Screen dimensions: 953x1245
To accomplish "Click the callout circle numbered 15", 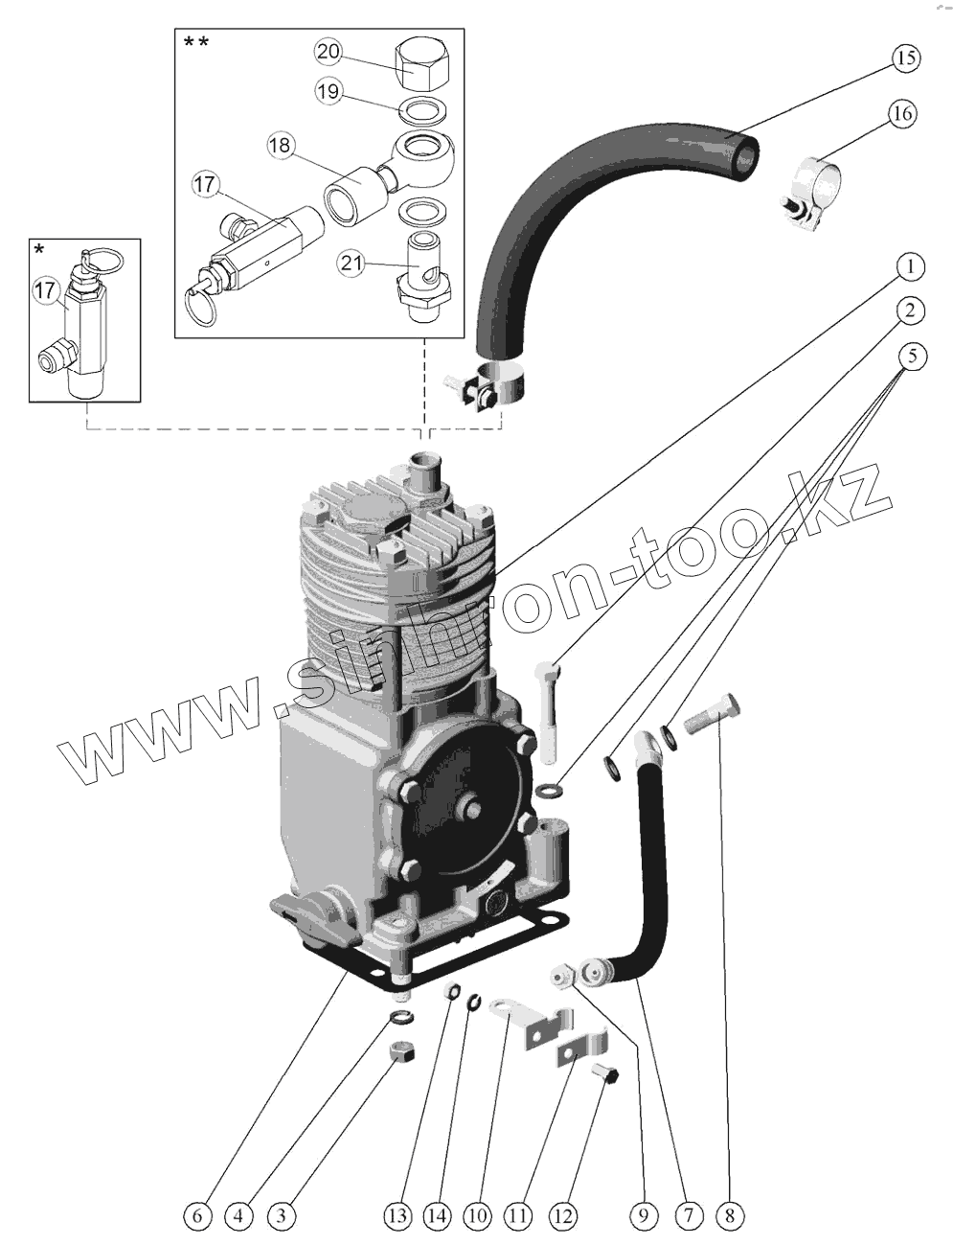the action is [x=905, y=58].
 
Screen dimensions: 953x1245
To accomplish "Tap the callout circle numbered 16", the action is [x=900, y=114].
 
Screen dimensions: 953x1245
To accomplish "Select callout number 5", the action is [x=912, y=357].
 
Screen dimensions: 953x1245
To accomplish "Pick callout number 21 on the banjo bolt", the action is [x=353, y=262].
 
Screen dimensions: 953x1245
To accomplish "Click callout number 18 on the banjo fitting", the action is [x=280, y=146].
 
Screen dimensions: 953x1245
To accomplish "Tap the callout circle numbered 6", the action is [x=196, y=1216].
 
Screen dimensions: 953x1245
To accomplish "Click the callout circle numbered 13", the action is [x=399, y=1216].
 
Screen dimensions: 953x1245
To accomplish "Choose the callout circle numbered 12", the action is [x=563, y=1216].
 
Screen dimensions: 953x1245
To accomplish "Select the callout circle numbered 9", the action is [x=644, y=1216].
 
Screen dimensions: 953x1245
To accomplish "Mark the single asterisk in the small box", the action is [x=39, y=251].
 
